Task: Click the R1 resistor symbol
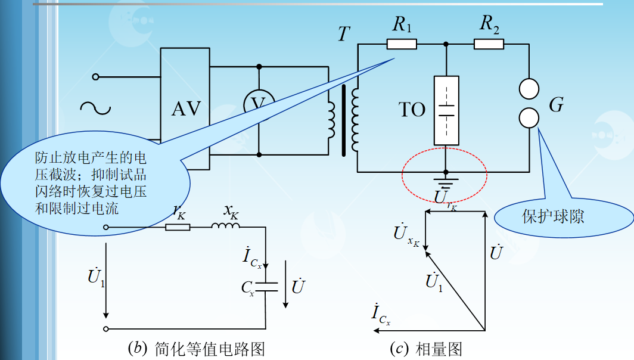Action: [401, 44]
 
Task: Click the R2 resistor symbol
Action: [489, 44]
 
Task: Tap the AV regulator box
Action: [186, 108]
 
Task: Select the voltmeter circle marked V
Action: [258, 105]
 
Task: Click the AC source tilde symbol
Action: [95, 108]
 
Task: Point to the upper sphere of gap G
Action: [529, 89]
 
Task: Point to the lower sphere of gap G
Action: [529, 117]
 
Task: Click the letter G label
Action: [556, 105]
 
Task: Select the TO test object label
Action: [412, 110]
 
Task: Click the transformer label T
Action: [344, 34]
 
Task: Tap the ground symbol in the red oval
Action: [445, 177]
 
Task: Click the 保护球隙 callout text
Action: [554, 216]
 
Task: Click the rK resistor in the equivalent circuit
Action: [178, 227]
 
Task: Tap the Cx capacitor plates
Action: [266, 287]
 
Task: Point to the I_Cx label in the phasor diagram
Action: [380, 314]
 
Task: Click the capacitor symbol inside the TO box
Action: [446, 110]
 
